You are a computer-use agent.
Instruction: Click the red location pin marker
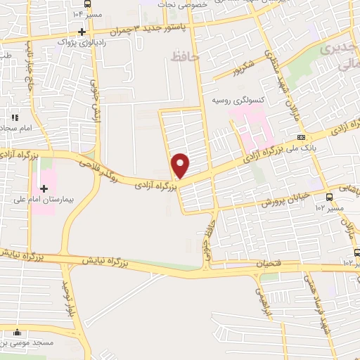(181, 165)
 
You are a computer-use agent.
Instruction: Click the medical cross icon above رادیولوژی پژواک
(82, 32)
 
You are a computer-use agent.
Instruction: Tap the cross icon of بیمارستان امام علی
(44, 188)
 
